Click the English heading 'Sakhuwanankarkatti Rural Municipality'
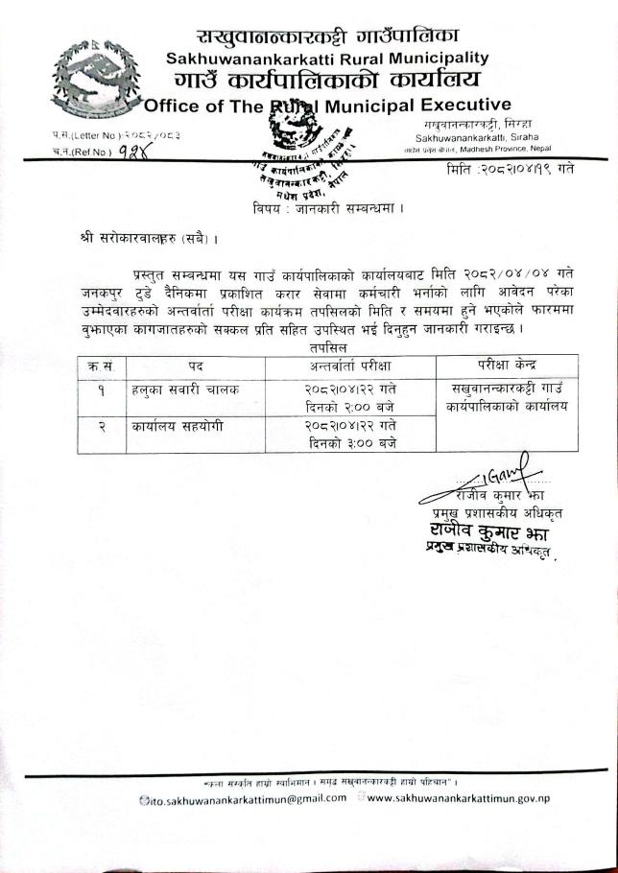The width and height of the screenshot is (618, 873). [327, 59]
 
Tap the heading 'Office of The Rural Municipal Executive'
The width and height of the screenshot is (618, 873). [326, 105]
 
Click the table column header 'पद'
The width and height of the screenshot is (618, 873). [193, 366]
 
